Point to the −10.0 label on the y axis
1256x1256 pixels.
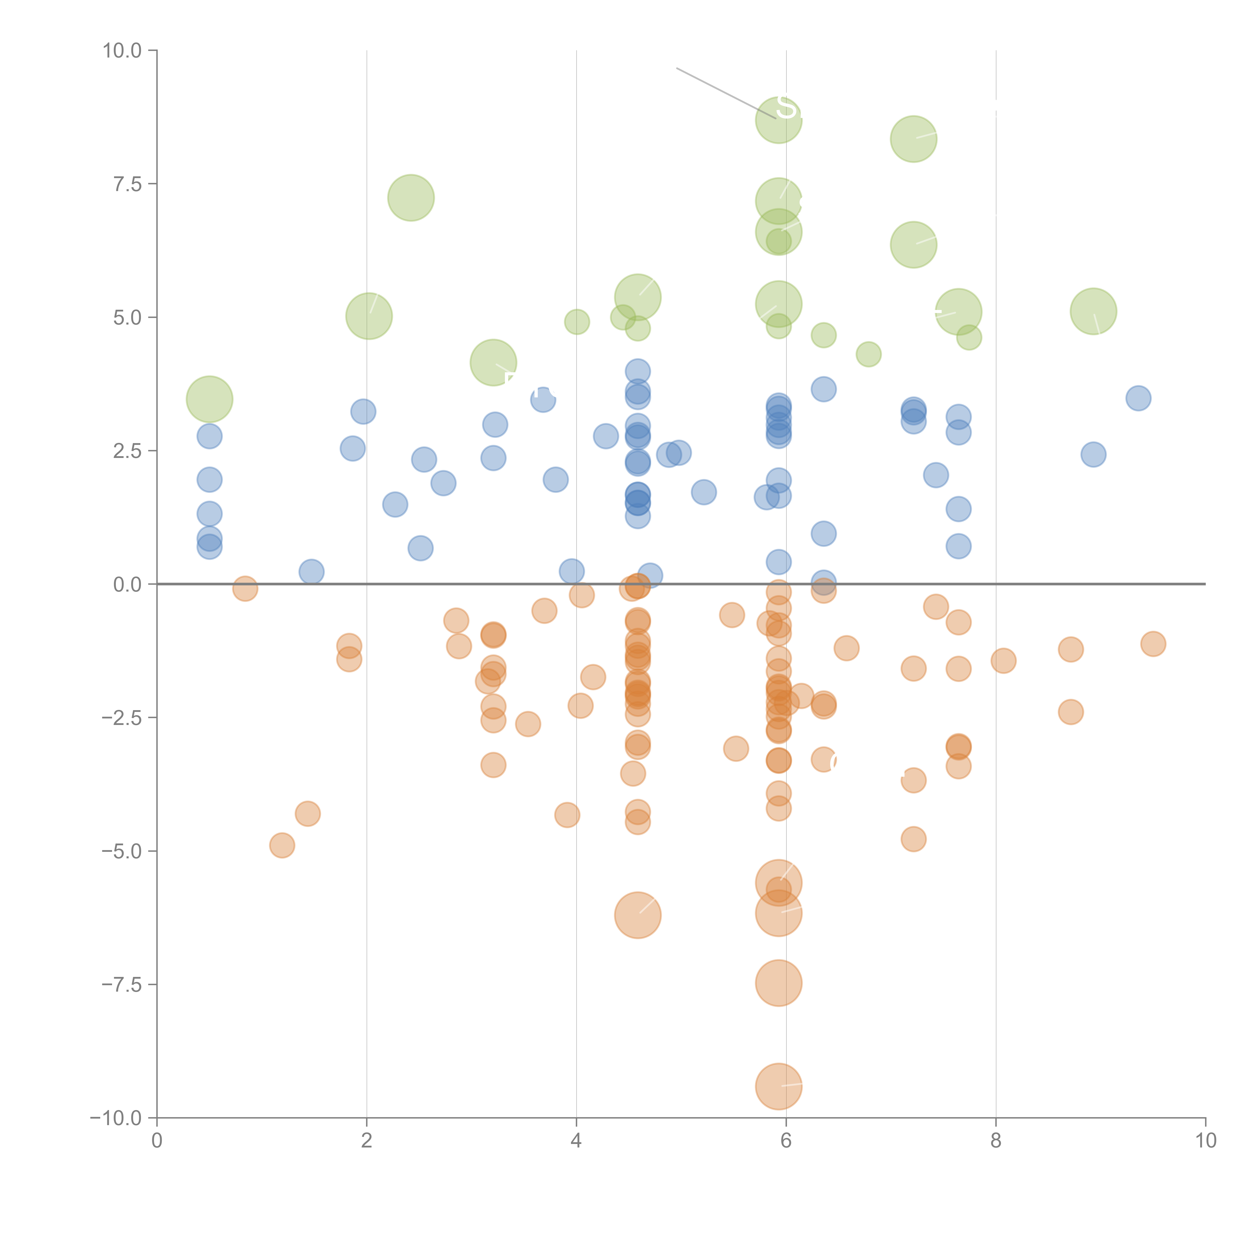point(116,1118)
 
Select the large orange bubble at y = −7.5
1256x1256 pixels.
point(778,983)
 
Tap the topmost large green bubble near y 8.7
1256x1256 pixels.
point(778,120)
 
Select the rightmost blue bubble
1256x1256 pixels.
point(1138,398)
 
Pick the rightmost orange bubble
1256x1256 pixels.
point(1153,644)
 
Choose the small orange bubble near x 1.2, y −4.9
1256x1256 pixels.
point(282,845)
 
